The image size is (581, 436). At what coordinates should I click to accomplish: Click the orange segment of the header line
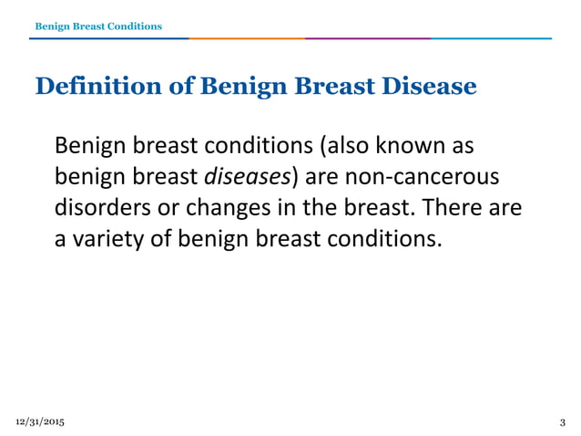[246, 39]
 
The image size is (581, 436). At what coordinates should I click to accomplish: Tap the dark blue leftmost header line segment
[109, 39]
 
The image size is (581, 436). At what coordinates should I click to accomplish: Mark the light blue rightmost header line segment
[492, 39]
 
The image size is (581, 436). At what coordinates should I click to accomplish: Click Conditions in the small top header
[133, 26]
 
